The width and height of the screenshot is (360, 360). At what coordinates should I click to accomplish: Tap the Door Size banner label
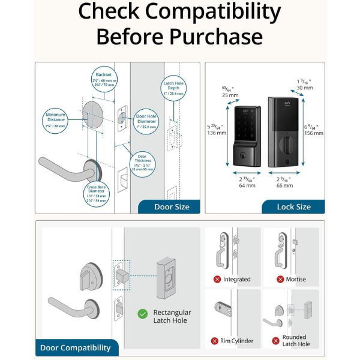coord(172,207)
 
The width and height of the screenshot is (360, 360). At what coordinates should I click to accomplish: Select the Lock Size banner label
coord(293,207)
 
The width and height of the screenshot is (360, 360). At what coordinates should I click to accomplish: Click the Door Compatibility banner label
coord(76,347)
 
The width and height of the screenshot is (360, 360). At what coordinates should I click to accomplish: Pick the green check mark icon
coord(143,313)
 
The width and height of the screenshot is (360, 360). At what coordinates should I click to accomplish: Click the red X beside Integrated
coord(217,280)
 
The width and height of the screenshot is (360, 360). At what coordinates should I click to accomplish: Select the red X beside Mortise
coord(280,280)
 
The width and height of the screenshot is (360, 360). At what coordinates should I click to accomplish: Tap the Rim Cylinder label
coord(237,341)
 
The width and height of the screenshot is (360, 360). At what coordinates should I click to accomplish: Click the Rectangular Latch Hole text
coord(172,316)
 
